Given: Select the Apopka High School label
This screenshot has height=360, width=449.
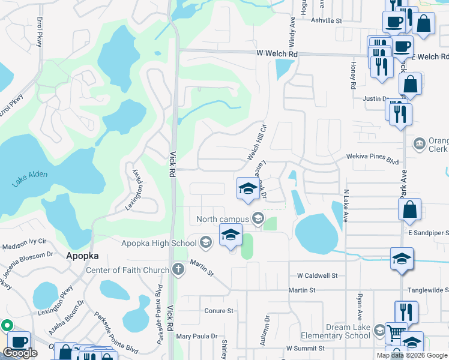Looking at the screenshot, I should (x=158, y=243).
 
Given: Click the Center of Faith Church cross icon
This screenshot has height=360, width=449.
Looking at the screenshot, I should (x=178, y=270).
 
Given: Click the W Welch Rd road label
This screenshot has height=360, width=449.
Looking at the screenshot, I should (x=277, y=53).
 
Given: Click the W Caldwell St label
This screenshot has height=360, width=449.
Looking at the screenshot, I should (x=321, y=275).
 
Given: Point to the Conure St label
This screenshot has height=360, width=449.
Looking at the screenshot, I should (x=218, y=311).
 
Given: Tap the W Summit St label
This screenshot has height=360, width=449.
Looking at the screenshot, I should (x=306, y=348).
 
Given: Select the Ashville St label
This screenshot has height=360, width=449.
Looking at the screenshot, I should (x=326, y=20).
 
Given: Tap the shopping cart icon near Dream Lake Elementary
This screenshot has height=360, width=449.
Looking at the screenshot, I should (x=395, y=332).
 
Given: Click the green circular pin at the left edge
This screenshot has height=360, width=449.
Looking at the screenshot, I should (x=7, y=326).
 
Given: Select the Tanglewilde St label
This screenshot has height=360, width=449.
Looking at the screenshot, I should (x=428, y=290).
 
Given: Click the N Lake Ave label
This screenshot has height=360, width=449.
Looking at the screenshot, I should (x=346, y=206).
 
